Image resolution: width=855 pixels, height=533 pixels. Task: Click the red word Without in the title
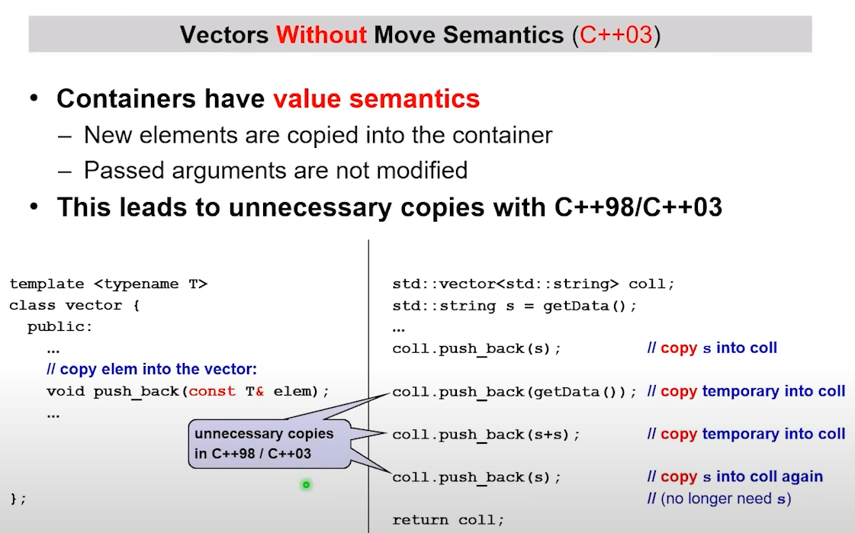click(321, 35)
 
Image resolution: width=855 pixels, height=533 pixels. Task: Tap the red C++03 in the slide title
click(616, 35)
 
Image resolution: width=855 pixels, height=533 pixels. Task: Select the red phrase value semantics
click(376, 98)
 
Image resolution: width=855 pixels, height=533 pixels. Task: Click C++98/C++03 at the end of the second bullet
click(638, 207)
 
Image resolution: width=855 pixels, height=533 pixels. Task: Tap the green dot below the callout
click(307, 484)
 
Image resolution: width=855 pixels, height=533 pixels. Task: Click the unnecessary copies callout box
click(269, 444)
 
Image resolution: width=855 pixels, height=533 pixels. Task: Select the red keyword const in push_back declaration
click(212, 391)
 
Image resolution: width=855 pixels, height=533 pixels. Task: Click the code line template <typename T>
click(108, 284)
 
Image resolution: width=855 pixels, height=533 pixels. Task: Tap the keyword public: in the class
click(60, 326)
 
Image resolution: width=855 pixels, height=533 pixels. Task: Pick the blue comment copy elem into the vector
click(152, 369)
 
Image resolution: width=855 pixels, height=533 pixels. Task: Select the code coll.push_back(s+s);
click(486, 435)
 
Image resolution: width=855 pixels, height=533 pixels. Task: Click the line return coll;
click(448, 520)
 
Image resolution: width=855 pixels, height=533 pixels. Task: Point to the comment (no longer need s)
click(719, 499)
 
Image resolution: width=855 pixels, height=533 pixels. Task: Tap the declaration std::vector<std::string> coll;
click(533, 284)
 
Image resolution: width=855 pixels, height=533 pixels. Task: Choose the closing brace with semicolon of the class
click(18, 499)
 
